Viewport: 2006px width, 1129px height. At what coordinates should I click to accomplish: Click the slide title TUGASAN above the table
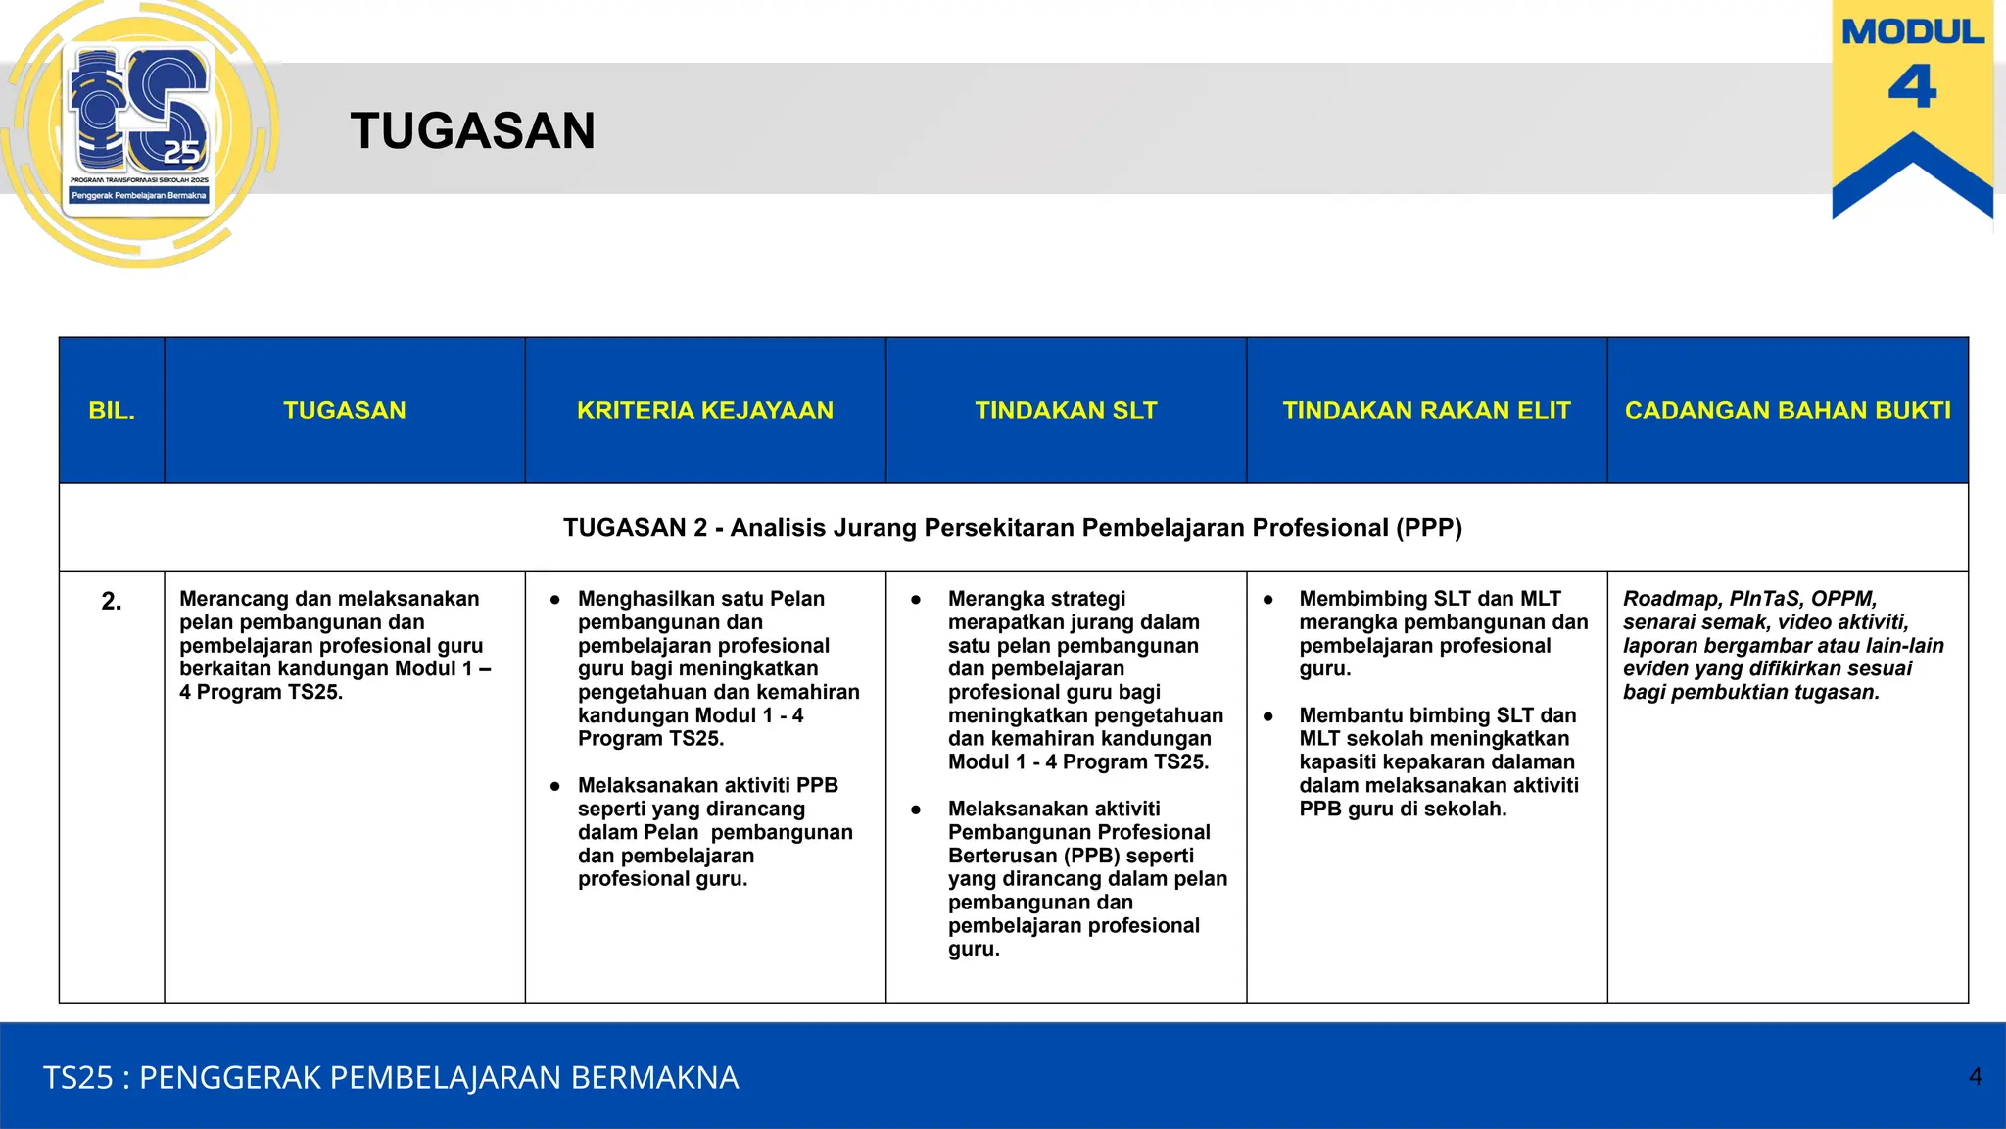click(472, 131)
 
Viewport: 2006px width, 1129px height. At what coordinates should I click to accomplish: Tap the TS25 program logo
click(140, 127)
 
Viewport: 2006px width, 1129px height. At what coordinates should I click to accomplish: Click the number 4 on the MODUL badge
click(1912, 87)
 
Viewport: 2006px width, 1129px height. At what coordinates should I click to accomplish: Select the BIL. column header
click(112, 411)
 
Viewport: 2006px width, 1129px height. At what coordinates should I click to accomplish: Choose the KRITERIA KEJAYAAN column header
click(704, 411)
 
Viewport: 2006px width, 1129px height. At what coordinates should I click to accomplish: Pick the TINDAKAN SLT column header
click(1066, 411)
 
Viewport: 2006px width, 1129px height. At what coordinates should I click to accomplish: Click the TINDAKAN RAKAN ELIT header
click(1426, 411)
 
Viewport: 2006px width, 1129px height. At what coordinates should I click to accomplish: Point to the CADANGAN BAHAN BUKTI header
click(1788, 411)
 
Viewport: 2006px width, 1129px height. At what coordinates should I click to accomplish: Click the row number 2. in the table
click(112, 601)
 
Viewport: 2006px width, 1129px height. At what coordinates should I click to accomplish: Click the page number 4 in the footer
click(1976, 1076)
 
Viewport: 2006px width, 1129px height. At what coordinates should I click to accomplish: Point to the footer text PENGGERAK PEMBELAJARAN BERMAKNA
click(439, 1077)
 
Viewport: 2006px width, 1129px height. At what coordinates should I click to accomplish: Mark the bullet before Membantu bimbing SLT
click(1268, 716)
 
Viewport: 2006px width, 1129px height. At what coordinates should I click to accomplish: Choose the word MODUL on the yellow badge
click(1912, 32)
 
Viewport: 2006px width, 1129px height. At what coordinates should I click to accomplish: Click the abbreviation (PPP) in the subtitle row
click(1429, 528)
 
